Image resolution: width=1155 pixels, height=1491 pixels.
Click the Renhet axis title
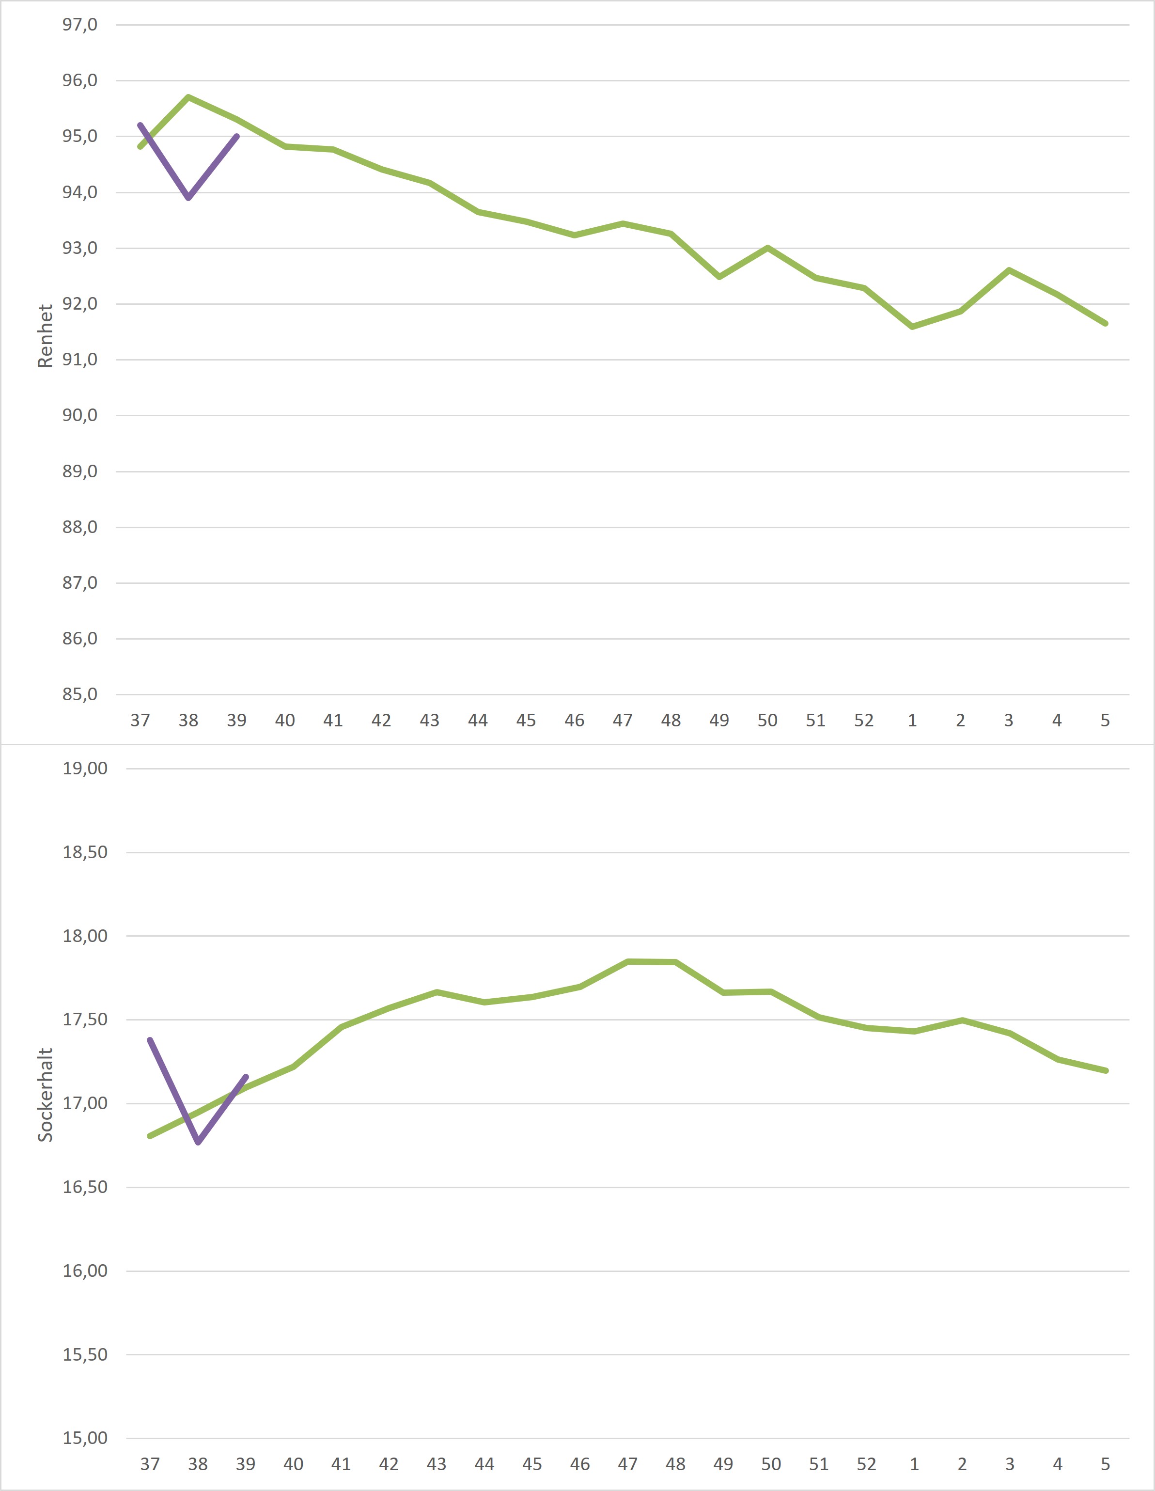point(45,336)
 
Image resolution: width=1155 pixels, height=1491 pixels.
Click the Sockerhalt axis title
point(45,1094)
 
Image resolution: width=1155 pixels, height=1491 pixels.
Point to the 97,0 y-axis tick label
point(80,25)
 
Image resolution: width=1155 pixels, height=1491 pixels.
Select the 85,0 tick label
point(80,694)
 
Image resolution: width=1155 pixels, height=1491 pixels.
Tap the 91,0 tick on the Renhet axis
point(80,359)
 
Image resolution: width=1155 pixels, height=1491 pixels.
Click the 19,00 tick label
point(85,768)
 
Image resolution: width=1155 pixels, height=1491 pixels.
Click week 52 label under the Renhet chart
point(863,720)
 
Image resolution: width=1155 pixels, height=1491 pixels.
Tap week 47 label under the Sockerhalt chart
point(627,1464)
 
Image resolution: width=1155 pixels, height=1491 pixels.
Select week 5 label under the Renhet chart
point(1105,720)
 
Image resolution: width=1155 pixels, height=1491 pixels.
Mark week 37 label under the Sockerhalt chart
point(150,1464)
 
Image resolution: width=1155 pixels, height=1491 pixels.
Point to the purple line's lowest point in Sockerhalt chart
point(198,1143)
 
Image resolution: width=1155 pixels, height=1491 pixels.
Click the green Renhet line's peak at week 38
point(188,97)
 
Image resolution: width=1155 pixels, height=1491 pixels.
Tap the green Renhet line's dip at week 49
point(719,277)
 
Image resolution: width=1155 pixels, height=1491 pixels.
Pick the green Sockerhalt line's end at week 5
point(1106,1070)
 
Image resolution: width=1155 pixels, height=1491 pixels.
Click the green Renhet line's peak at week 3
point(1009,270)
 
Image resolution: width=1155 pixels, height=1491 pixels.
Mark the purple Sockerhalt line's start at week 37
point(150,1040)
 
